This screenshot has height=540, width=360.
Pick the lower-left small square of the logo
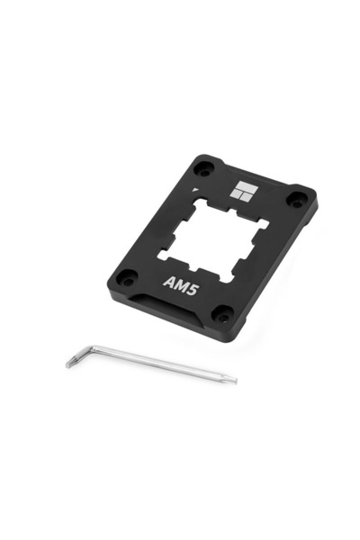click(239, 198)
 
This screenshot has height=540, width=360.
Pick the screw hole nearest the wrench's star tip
click(221, 314)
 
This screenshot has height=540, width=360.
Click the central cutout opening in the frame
click(216, 236)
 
